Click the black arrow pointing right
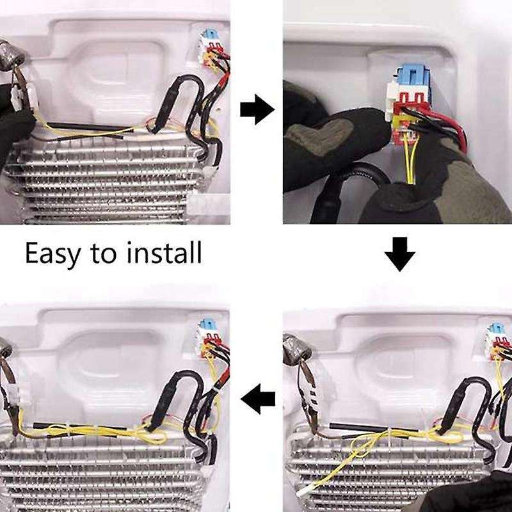[257, 111]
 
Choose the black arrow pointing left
[258, 400]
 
